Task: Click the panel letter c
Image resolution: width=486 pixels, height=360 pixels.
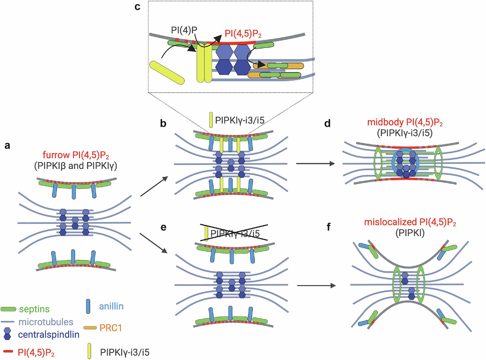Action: point(137,6)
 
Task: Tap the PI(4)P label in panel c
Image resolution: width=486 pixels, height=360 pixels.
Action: point(184,30)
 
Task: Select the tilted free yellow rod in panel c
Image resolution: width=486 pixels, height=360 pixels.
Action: point(167,72)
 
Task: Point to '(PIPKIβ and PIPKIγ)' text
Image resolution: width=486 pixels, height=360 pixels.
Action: point(76,166)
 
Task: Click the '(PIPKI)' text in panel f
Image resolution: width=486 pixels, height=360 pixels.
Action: point(410,233)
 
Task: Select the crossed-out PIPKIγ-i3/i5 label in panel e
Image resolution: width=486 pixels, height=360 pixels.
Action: point(235,234)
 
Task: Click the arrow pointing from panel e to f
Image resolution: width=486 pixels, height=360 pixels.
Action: point(316,285)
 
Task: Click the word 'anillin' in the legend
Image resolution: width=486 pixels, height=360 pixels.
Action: point(111,306)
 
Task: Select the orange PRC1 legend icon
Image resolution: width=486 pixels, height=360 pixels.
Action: point(90,328)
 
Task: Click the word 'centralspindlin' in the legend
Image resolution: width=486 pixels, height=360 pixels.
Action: point(49,335)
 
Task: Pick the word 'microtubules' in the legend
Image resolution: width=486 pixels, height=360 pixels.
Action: point(46,322)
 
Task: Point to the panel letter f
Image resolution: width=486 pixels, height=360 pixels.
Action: point(329,227)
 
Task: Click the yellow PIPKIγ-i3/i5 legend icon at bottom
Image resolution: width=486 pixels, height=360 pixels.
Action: point(89,351)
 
